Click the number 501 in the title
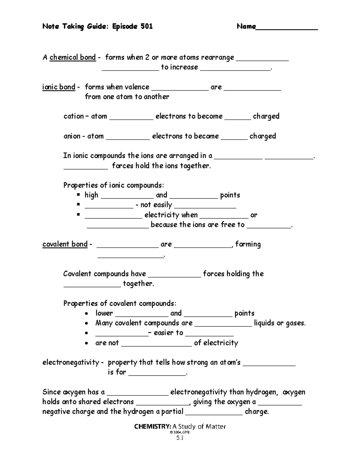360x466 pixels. [146, 26]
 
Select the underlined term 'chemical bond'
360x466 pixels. [73, 57]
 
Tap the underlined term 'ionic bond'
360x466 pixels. [59, 87]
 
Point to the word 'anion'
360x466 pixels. [72, 136]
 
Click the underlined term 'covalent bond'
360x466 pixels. [65, 244]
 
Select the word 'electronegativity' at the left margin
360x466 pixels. [71, 362]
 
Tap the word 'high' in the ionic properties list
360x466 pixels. [91, 195]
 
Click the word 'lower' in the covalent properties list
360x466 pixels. [104, 313]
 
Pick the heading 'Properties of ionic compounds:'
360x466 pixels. [114, 185]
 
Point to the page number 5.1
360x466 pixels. [180, 438]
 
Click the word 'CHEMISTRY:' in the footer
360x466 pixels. [153, 426]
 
